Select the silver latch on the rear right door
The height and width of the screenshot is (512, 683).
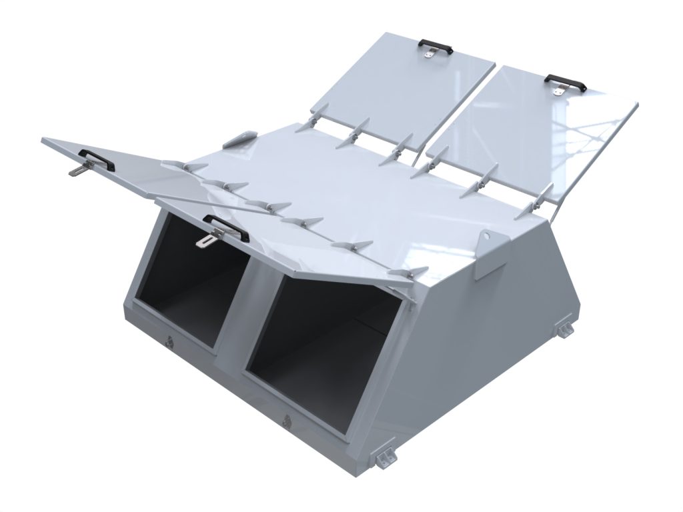[558, 91]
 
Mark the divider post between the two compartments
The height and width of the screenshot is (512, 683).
[236, 320]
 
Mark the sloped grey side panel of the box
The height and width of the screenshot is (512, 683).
[494, 333]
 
